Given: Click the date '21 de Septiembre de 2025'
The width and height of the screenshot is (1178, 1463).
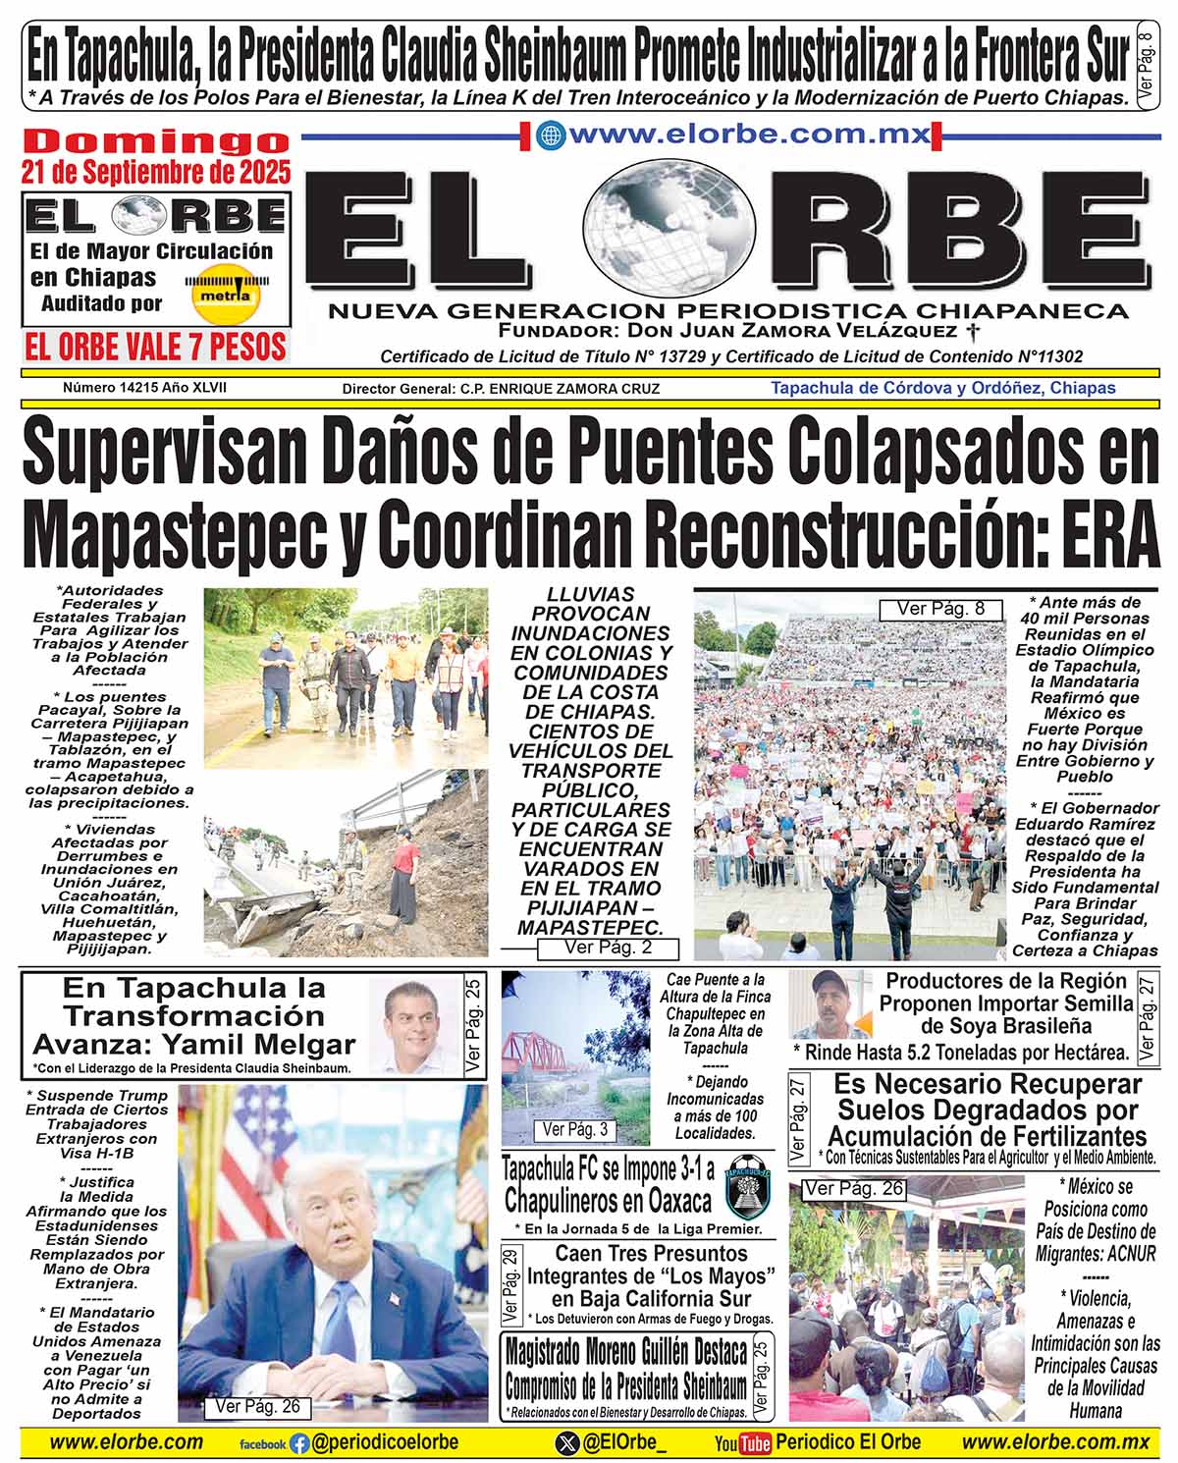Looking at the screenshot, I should (x=156, y=172).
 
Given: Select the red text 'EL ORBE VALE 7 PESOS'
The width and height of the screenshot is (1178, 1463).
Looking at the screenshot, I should (x=156, y=347).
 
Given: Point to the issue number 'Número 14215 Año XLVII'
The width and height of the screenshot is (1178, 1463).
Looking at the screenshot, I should (x=144, y=388).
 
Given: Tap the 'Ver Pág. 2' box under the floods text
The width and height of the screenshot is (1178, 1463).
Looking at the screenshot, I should (x=608, y=948).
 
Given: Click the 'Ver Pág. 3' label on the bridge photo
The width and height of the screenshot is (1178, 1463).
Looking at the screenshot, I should (x=575, y=1130).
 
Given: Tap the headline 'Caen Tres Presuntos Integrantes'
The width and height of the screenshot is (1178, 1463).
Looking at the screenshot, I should (x=651, y=1265).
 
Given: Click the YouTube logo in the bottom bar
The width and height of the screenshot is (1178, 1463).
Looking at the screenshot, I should (x=741, y=1442).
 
